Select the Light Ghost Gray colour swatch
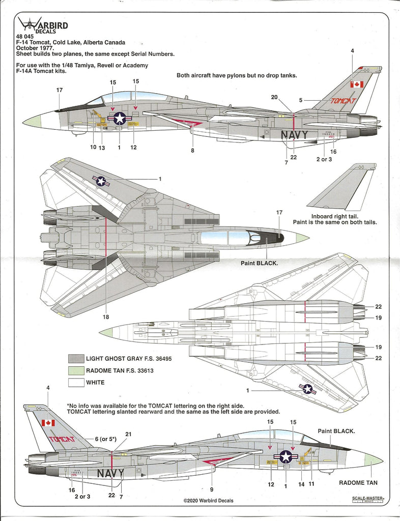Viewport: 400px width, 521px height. (75, 359)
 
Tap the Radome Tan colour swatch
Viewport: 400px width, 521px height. (75, 370)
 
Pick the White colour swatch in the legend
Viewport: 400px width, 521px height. (75, 382)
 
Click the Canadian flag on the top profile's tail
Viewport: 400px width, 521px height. (357, 84)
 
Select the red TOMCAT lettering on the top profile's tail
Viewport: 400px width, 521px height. (343, 101)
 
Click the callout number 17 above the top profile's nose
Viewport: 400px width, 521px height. (60, 90)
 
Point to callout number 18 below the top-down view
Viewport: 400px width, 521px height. (106, 317)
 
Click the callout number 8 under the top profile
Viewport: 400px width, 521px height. (192, 150)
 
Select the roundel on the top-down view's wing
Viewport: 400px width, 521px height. (101, 181)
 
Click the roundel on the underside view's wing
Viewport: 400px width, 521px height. (307, 389)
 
